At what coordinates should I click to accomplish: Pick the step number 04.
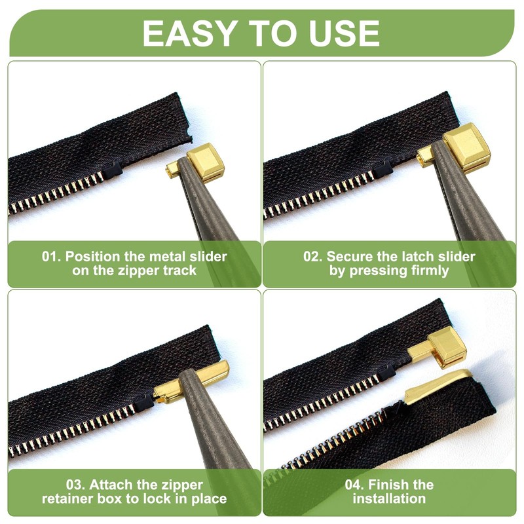[356, 485]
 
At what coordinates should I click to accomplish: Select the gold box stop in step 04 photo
[439, 346]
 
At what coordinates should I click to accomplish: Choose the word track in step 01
[179, 270]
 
